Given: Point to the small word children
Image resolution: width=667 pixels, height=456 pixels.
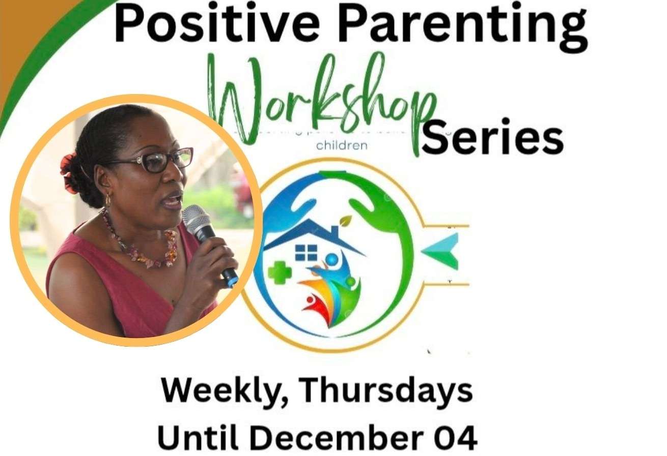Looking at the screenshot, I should click(342, 146).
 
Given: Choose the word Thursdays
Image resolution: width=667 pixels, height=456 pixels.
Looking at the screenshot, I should click(385, 391).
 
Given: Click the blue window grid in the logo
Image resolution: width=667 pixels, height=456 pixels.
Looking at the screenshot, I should click(306, 253).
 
